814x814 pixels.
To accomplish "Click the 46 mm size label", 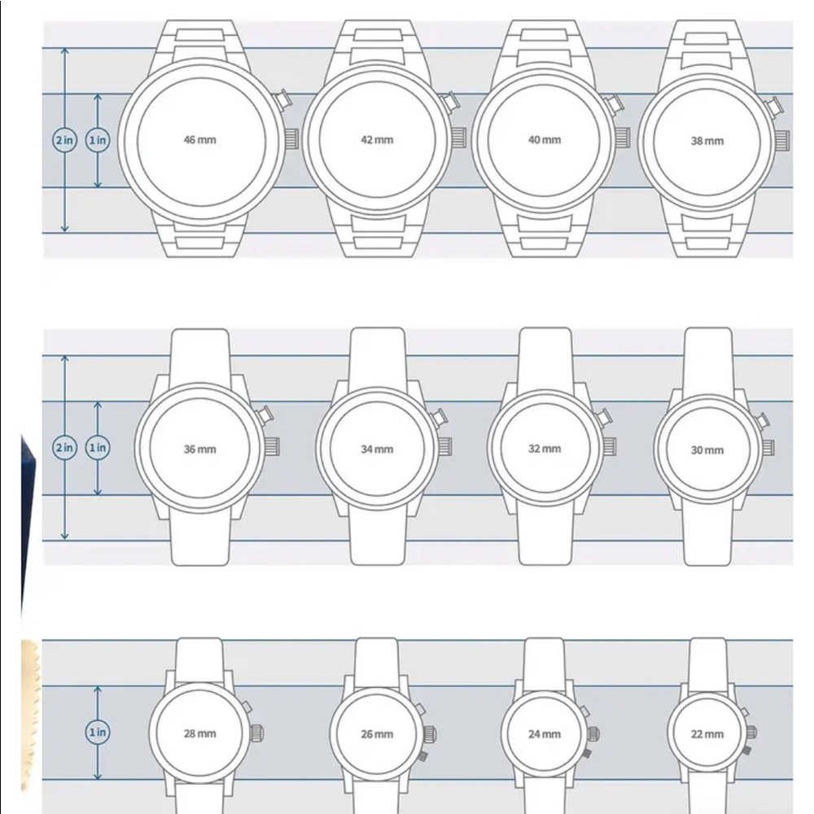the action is coord(200,140).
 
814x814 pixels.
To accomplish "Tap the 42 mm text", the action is coord(377,140).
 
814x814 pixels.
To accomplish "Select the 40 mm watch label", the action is coord(544,140).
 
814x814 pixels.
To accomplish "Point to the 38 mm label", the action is coord(707,141).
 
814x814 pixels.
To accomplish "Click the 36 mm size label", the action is coord(200,449).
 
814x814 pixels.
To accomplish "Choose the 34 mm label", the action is coord(377,449).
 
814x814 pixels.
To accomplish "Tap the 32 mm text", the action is coord(544,449).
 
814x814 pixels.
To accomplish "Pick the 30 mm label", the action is coord(707,450).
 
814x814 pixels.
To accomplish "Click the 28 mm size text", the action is coord(200,733).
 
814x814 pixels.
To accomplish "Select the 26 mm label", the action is coord(377,734).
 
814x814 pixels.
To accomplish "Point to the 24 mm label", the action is coord(544,734).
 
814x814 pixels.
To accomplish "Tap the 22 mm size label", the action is coord(707,734).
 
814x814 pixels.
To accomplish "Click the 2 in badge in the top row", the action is coord(64,140).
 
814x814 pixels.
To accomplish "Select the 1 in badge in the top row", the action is coord(98,140).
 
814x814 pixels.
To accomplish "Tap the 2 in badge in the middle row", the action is coord(64,448).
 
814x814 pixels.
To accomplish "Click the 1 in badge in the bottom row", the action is coord(98,732).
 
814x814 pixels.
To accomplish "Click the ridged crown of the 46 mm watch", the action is coord(291,139).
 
